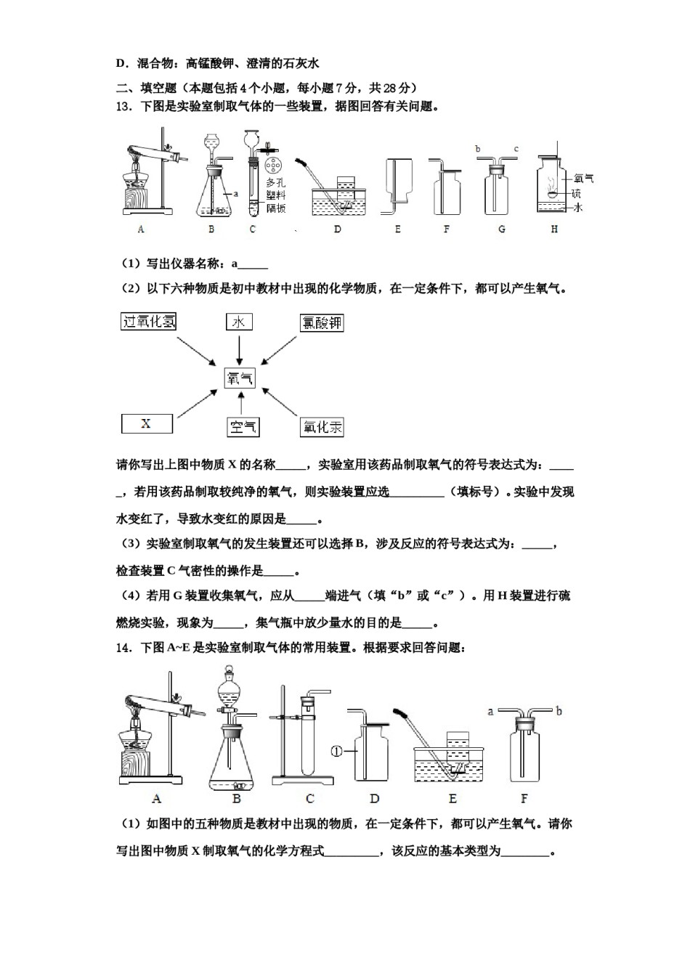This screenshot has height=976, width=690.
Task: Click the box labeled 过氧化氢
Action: (149, 321)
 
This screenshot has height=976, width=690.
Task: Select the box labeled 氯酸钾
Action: (321, 322)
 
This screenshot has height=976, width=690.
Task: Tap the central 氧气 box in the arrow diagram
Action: (240, 378)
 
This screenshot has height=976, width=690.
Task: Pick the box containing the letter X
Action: (146, 423)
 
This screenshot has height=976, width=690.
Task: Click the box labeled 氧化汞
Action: (322, 427)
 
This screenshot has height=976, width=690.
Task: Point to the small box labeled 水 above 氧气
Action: (239, 322)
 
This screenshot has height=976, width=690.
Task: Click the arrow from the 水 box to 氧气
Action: (239, 349)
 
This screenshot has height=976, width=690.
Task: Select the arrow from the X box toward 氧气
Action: (196, 404)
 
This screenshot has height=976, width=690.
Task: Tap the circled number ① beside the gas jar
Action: (336, 752)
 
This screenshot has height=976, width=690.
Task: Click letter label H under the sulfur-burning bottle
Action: (554, 229)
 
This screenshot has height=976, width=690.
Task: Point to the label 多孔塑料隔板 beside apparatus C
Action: (275, 195)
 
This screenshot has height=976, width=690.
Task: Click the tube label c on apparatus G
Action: (516, 149)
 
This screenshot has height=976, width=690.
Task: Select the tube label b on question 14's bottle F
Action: (559, 711)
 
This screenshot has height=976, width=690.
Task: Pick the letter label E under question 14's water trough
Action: (452, 799)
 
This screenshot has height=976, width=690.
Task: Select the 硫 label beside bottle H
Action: (576, 193)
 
